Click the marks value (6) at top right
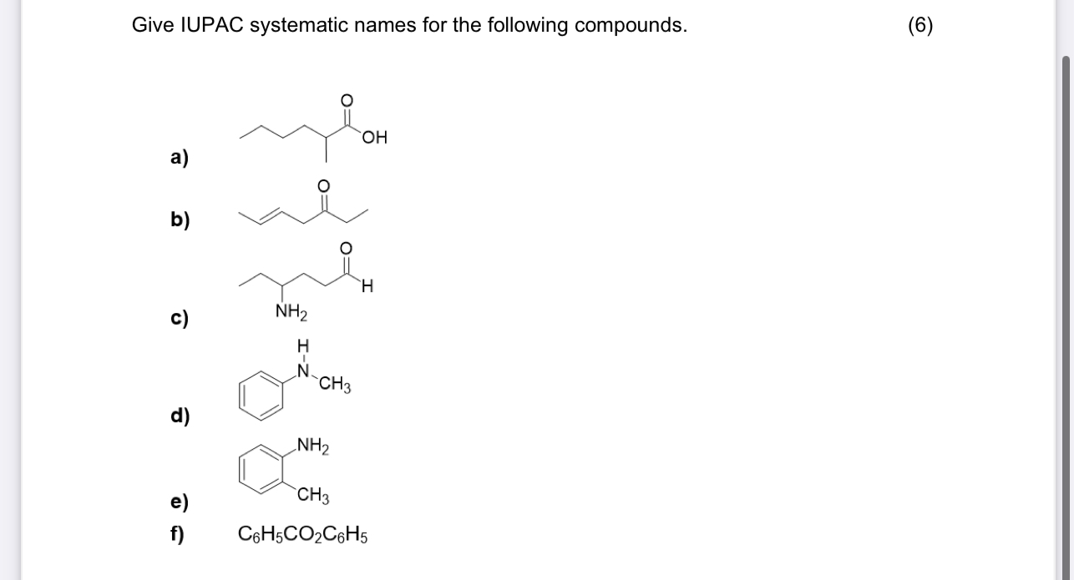click(920, 25)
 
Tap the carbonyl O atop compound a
click(347, 99)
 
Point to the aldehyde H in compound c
click(367, 288)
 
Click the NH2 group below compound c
click(291, 314)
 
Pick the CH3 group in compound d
click(334, 386)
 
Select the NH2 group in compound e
click(312, 446)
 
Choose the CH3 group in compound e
click(313, 497)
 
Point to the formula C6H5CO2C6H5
click(302, 533)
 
